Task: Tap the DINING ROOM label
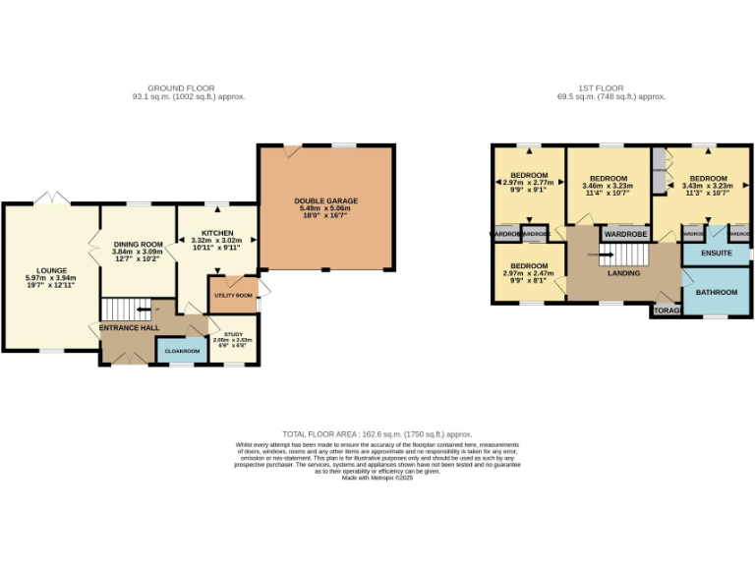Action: click(138, 244)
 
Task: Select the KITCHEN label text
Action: click(218, 233)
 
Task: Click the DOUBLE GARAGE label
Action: click(325, 201)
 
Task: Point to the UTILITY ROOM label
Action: click(233, 294)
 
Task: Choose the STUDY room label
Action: click(233, 334)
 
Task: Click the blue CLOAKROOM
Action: click(182, 351)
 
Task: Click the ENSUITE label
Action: click(716, 254)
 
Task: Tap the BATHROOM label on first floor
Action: click(716, 292)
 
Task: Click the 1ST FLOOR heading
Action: click(610, 88)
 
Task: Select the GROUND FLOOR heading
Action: click(189, 88)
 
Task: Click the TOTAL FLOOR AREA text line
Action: click(377, 433)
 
